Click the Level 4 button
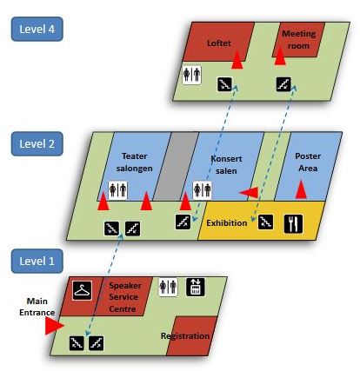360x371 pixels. [37, 29]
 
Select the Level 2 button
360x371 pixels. [37, 144]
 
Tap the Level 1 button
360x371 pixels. [37, 261]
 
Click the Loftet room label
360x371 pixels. [219, 43]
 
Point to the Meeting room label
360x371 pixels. [298, 40]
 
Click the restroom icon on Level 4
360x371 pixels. [192, 75]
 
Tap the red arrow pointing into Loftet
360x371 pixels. [237, 60]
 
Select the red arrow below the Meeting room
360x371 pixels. [280, 56]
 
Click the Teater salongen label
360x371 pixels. [134, 162]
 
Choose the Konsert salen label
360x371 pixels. [226, 165]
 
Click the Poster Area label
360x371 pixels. [308, 162]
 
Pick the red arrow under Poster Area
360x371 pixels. [301, 189]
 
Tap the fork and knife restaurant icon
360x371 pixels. [293, 223]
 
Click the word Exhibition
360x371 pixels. [227, 223]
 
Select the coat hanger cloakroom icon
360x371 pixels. [82, 290]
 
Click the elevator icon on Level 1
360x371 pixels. [196, 287]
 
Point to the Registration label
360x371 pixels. [185, 336]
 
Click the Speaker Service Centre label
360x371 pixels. [125, 297]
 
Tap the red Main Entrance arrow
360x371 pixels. [55, 326]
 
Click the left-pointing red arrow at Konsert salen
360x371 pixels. [249, 193]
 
